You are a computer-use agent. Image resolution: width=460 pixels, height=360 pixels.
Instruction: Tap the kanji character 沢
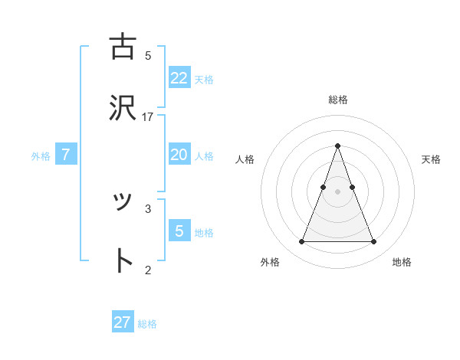click(x=123, y=108)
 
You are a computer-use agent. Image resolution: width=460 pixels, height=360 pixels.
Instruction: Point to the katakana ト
click(x=123, y=261)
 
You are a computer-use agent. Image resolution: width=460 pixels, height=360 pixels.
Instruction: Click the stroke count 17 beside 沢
click(x=148, y=116)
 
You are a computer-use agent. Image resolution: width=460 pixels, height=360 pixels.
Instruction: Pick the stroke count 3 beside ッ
click(x=148, y=208)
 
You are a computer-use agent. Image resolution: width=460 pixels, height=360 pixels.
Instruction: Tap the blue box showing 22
click(x=179, y=77)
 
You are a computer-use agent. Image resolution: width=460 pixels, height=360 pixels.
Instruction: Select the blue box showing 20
click(x=179, y=155)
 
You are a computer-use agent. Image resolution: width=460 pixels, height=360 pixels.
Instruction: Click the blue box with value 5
click(x=179, y=231)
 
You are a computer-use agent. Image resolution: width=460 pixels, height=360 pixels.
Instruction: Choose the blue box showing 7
click(x=66, y=155)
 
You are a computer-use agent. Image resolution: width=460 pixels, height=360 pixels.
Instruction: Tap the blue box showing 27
click(x=123, y=322)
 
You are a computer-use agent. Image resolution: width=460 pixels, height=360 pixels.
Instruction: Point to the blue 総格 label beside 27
click(x=147, y=324)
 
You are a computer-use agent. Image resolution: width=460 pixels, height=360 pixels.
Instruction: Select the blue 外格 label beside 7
click(x=41, y=156)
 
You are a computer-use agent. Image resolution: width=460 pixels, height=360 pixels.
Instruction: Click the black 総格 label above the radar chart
click(x=337, y=100)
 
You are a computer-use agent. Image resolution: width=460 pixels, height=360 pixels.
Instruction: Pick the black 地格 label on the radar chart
click(x=402, y=262)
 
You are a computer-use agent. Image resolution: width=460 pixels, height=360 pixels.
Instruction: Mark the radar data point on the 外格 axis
click(x=301, y=242)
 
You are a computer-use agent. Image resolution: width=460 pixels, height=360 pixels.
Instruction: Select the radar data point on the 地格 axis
click(x=373, y=242)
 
